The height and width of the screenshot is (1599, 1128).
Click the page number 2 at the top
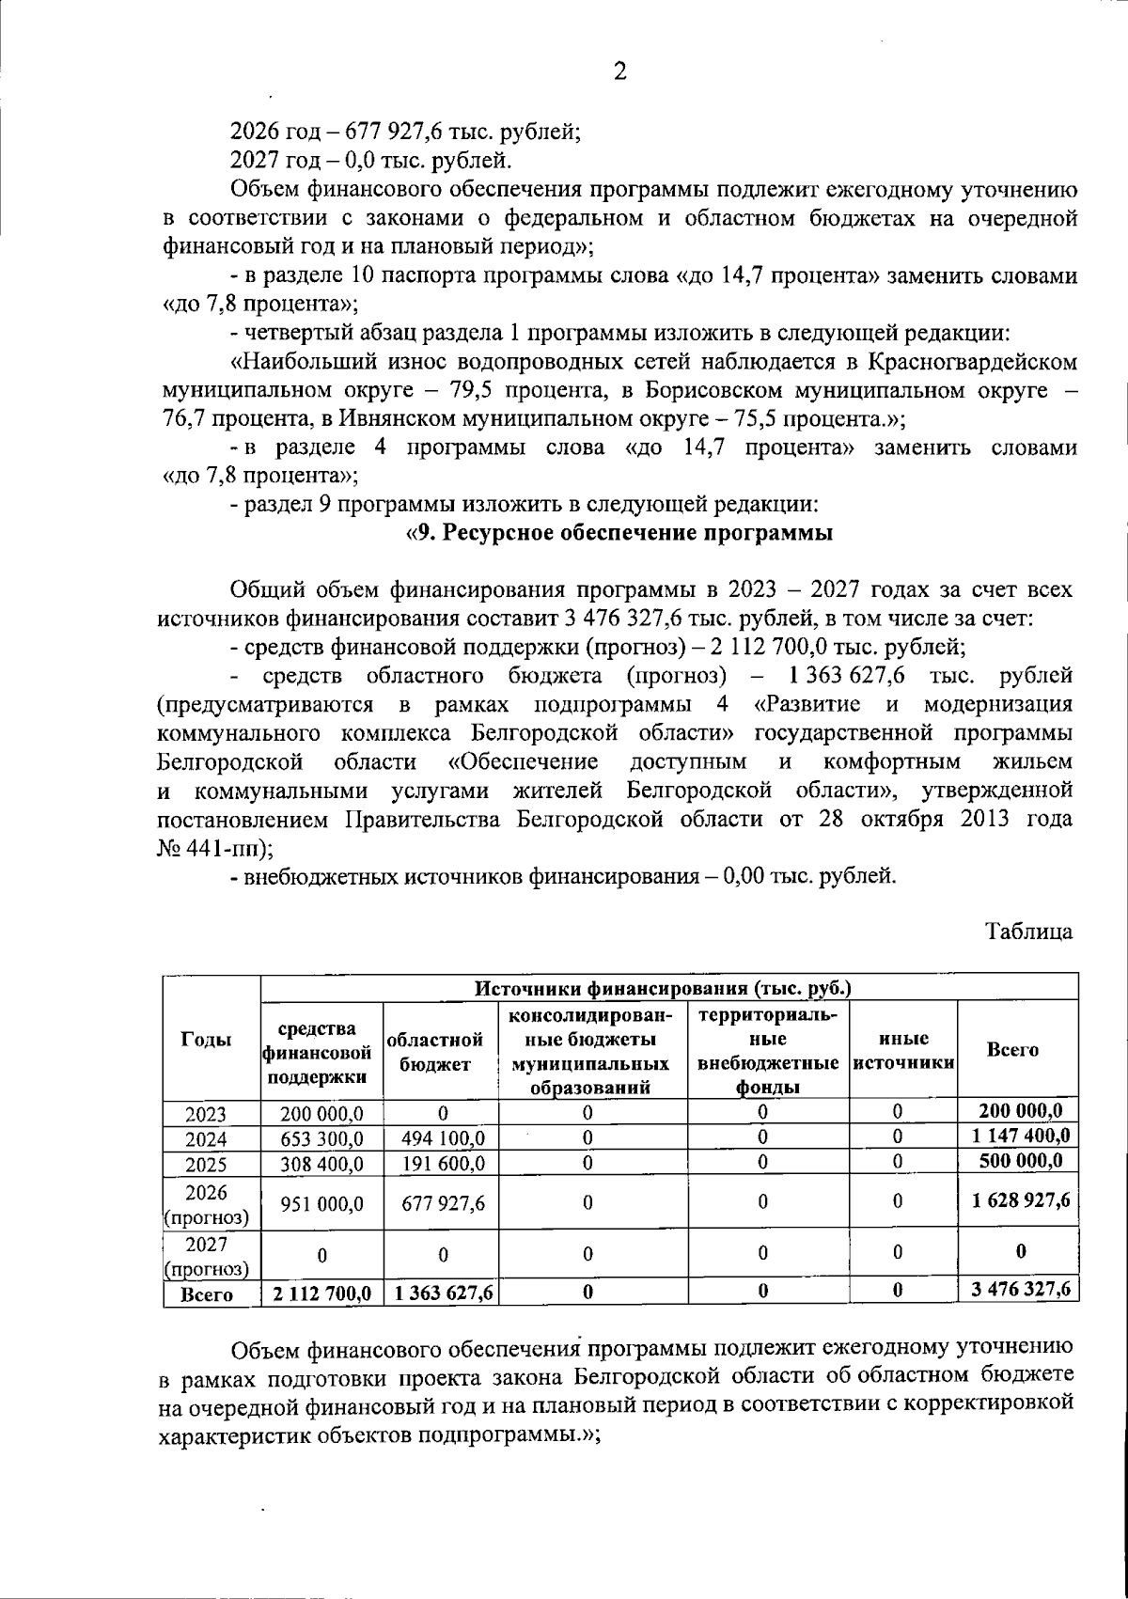[619, 71]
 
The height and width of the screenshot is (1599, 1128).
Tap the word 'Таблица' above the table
[1028, 932]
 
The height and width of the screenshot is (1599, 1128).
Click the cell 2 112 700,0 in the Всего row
[322, 1294]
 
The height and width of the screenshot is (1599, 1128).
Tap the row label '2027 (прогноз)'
[207, 1256]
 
